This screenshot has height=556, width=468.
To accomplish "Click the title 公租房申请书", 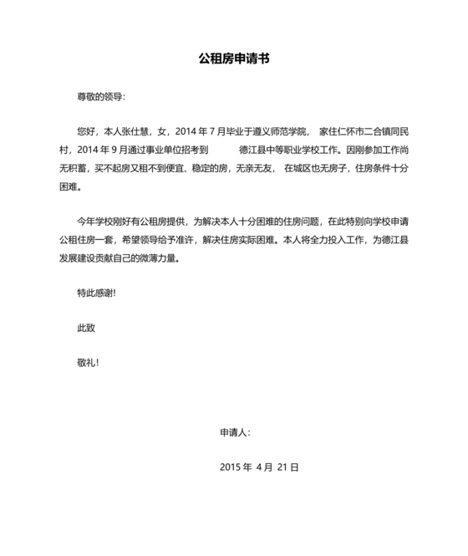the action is [x=233, y=59].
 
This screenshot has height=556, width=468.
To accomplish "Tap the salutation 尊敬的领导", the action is [x=99, y=96].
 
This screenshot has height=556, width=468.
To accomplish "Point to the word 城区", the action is [x=312, y=168].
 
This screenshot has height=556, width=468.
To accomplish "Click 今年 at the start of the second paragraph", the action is [x=86, y=222].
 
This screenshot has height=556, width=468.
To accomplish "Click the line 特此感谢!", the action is [x=96, y=293].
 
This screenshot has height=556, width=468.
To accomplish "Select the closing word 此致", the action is [x=86, y=329].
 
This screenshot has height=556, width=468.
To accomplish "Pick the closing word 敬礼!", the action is [x=88, y=364].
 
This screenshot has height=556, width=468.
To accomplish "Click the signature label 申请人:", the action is [x=234, y=433].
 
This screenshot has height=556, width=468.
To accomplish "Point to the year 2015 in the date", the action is [x=229, y=467].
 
